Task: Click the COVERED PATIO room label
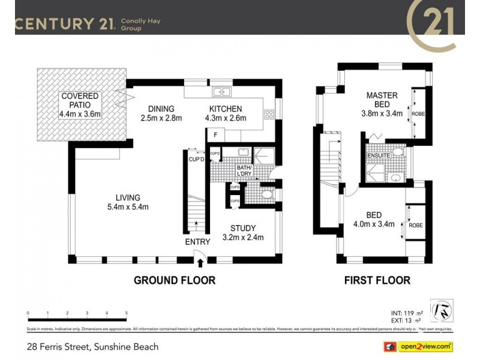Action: click(x=79, y=105)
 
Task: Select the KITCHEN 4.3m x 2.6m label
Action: click(x=225, y=113)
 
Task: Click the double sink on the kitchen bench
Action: click(x=222, y=92)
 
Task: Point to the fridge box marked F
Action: click(x=215, y=135)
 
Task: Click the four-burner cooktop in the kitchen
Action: click(x=269, y=113)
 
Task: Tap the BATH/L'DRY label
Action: click(x=245, y=171)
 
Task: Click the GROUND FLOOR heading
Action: click(x=174, y=280)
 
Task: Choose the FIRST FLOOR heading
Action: click(x=377, y=280)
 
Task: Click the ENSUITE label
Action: click(x=379, y=156)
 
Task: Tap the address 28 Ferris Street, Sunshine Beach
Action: click(x=93, y=347)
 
